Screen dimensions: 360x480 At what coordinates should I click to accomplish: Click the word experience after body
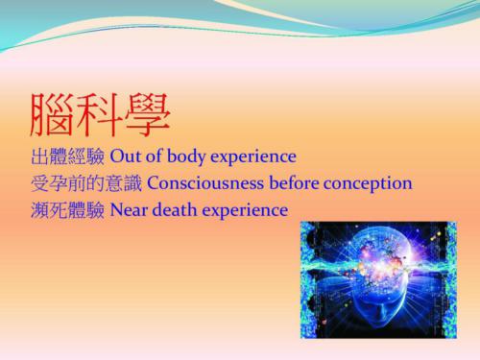[x=254, y=156]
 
